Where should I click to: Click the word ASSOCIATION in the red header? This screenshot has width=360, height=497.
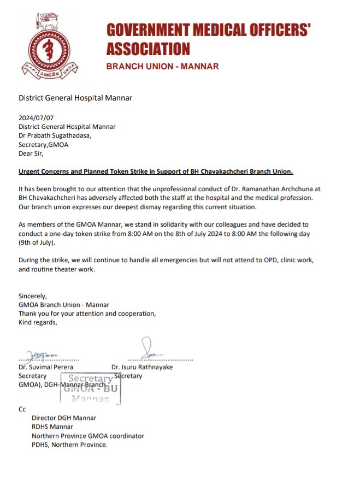148,49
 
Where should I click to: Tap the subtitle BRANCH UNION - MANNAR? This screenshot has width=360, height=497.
162,67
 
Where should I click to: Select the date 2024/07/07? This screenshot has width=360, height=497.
36,117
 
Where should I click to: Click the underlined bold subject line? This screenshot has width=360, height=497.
156,171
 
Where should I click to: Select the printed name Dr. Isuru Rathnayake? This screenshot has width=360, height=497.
142,367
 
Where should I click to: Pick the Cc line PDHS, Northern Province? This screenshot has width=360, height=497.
69,445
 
